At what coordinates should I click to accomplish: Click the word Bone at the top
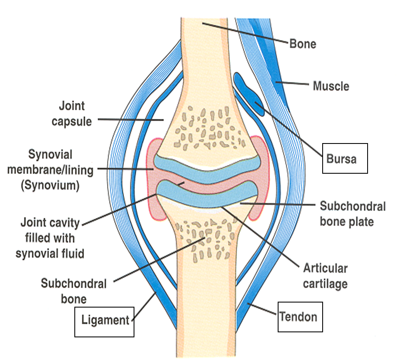[x=302, y=43]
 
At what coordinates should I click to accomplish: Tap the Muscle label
[x=331, y=86]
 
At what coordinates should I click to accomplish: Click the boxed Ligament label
[x=104, y=321]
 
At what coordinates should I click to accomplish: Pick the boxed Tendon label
[x=301, y=316]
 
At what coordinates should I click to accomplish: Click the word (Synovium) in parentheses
[x=51, y=185]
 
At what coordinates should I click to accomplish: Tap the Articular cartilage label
[x=325, y=276]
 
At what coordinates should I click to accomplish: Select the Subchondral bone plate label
[x=352, y=214]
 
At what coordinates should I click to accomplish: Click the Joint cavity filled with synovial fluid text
[x=50, y=238]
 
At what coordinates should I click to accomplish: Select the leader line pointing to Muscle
[x=294, y=85]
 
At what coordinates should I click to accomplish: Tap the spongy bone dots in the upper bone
[x=206, y=126]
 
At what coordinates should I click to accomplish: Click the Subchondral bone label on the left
[x=74, y=291]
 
